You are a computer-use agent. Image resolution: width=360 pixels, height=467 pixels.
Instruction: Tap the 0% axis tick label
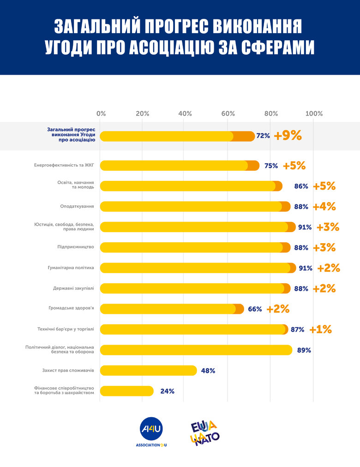point(101,114)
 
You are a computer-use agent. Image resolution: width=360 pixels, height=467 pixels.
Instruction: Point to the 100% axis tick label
point(314,114)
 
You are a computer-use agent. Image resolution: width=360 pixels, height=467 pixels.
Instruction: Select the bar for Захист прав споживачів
point(148,370)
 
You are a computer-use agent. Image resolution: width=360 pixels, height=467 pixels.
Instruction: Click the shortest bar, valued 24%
point(127,391)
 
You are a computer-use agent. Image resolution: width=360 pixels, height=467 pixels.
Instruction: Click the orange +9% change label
point(288,136)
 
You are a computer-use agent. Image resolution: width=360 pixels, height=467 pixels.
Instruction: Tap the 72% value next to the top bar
point(263,136)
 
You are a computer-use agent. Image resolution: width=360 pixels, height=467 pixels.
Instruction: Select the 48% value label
point(208,371)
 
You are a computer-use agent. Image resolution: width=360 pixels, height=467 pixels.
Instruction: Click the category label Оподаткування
point(77,206)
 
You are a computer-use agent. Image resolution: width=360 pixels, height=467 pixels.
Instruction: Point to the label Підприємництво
point(76,247)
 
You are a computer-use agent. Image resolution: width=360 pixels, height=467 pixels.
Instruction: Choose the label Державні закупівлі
point(73,288)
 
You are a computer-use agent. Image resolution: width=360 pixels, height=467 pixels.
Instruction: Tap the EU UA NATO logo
point(204,432)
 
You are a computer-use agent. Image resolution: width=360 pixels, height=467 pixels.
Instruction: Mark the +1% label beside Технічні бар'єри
point(321,329)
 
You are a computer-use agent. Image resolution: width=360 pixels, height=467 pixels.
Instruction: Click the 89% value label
point(304,350)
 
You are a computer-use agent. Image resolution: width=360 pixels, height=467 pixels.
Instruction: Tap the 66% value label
point(255,309)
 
